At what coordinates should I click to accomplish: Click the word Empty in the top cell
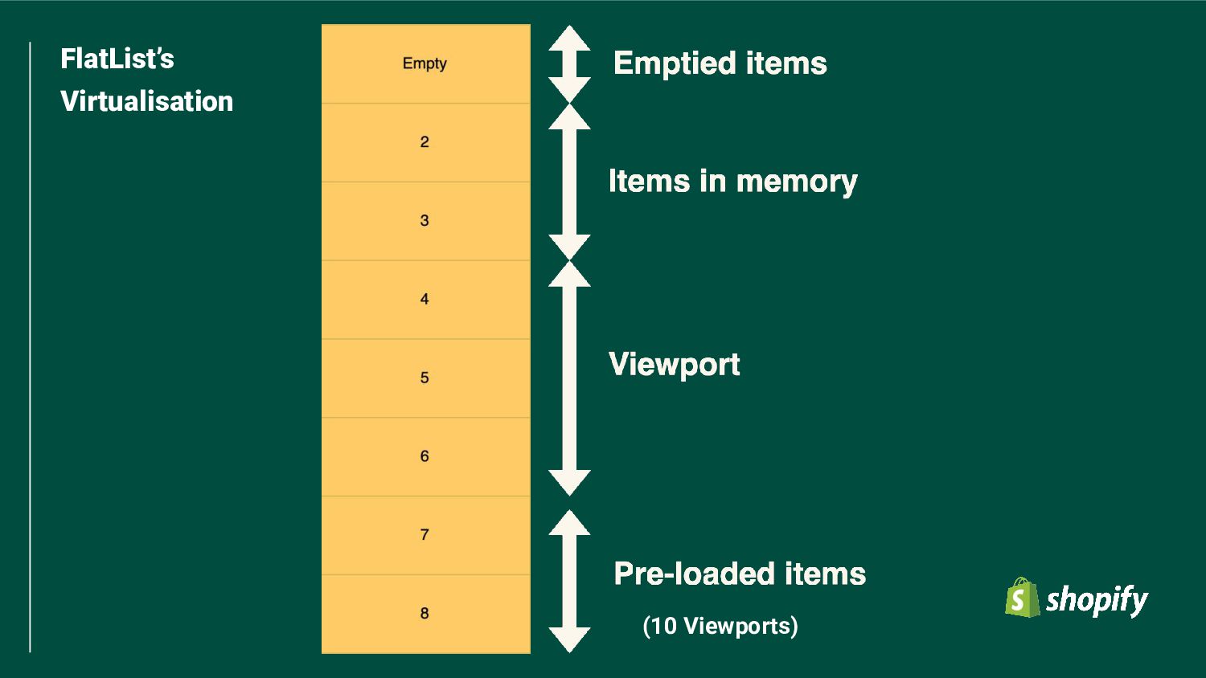click(425, 63)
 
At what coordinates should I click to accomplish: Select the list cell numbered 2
click(425, 142)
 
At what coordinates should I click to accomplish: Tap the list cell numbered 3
click(425, 221)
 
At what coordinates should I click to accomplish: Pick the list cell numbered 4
click(425, 300)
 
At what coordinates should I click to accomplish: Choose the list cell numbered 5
click(425, 378)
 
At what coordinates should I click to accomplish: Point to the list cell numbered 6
click(425, 456)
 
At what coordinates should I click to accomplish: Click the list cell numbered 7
click(425, 535)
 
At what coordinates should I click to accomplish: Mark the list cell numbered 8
click(425, 614)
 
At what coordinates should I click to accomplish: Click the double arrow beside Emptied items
click(569, 64)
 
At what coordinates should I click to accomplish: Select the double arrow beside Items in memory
click(569, 182)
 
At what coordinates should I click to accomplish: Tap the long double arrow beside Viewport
click(569, 378)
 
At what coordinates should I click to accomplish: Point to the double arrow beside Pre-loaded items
click(569, 581)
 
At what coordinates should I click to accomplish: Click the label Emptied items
click(720, 63)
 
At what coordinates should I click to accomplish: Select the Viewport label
click(674, 364)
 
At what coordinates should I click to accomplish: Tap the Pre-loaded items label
click(740, 574)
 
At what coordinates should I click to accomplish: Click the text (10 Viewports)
click(720, 626)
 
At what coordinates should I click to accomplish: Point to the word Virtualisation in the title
click(147, 101)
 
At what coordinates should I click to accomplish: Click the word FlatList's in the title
click(117, 59)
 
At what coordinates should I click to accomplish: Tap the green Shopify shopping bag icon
click(1021, 598)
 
